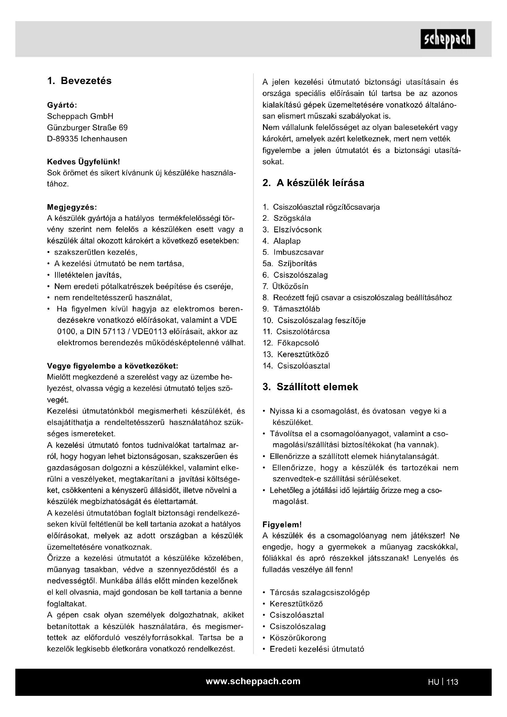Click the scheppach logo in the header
pyautogui.click(x=447, y=39)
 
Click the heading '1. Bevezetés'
pyautogui.click(x=79, y=81)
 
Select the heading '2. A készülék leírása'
pyautogui.click(x=313, y=183)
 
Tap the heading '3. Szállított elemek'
pyautogui.click(x=310, y=387)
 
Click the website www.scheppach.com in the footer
pyautogui.click(x=253, y=681)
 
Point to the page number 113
pyautogui.click(x=452, y=682)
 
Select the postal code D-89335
pyautogui.click(x=63, y=139)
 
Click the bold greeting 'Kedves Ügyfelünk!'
pyautogui.click(x=83, y=162)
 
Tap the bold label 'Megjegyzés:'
pyautogui.click(x=72, y=207)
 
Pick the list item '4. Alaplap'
pyautogui.click(x=281, y=241)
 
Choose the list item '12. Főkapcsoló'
pyautogui.click(x=291, y=343)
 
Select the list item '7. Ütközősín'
pyautogui.click(x=285, y=286)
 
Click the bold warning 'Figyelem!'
pyautogui.click(x=282, y=524)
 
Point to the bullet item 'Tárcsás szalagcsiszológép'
pyautogui.click(x=319, y=593)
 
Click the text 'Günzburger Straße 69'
pyautogui.click(x=87, y=128)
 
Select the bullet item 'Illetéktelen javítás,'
pyautogui.click(x=88, y=275)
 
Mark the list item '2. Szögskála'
pyautogui.click(x=287, y=218)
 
